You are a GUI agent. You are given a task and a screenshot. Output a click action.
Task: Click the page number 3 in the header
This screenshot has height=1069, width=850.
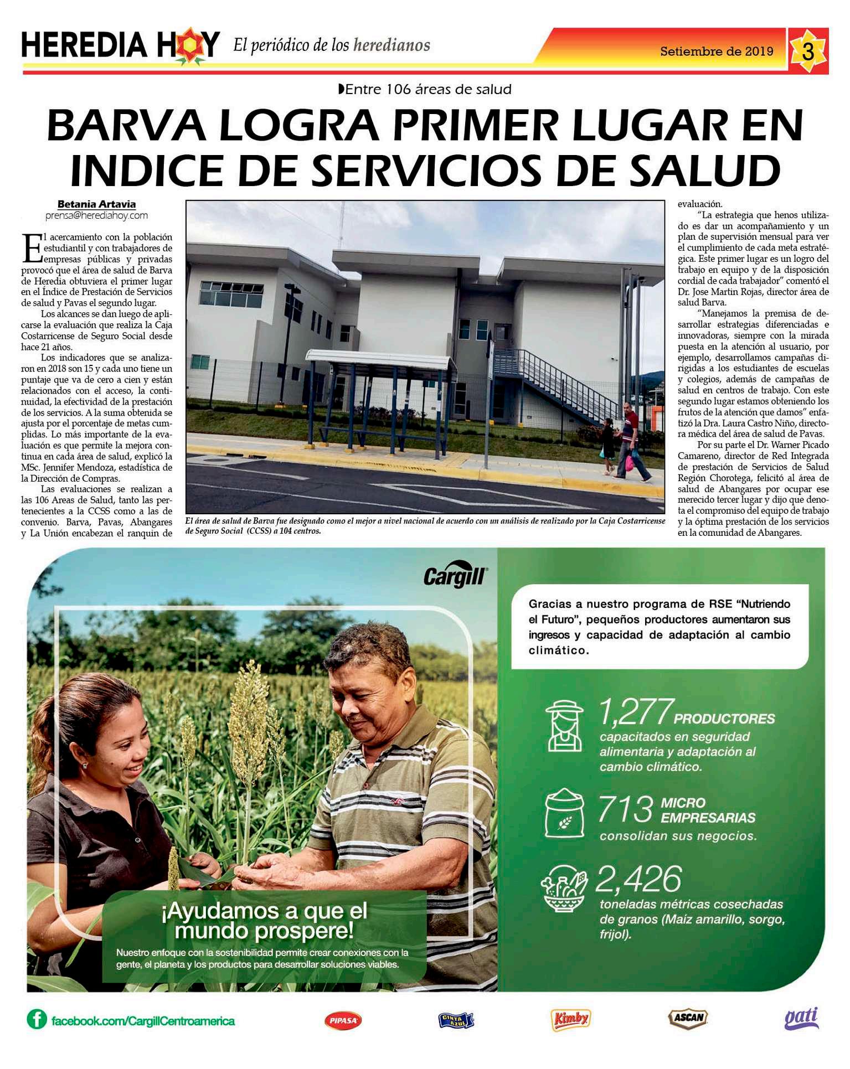pyautogui.click(x=808, y=51)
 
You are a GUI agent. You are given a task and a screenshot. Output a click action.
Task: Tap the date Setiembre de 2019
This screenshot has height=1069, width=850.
pyautogui.click(x=717, y=51)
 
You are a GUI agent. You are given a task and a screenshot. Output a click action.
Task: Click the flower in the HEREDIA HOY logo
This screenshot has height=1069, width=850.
pyautogui.click(x=189, y=45)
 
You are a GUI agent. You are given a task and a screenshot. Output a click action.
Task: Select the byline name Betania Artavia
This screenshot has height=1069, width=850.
pyautogui.click(x=96, y=204)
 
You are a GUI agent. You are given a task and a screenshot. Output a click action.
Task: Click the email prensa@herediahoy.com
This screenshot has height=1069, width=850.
pyautogui.click(x=96, y=216)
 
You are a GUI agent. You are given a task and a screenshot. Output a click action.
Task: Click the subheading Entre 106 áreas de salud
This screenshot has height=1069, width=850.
pyautogui.click(x=425, y=89)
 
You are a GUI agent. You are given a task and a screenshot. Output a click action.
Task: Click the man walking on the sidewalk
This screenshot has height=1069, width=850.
pyautogui.click(x=630, y=441)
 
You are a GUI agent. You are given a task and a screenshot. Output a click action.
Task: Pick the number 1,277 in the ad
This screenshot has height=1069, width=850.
pyautogui.click(x=636, y=713)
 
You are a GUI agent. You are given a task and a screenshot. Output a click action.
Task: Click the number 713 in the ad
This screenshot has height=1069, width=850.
pyautogui.click(x=626, y=810)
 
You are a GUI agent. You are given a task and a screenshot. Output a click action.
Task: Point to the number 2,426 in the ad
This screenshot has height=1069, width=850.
pyautogui.click(x=638, y=879)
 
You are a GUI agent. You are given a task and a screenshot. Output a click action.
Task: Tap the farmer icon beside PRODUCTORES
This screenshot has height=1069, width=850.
pyautogui.click(x=564, y=726)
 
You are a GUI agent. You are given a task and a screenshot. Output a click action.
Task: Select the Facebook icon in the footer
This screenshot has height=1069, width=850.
pyautogui.click(x=37, y=1019)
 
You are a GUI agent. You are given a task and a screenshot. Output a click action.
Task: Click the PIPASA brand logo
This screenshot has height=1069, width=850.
pyautogui.click(x=343, y=1020)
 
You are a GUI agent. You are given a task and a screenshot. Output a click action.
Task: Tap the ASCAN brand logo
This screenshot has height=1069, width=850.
pyautogui.click(x=688, y=1018)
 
